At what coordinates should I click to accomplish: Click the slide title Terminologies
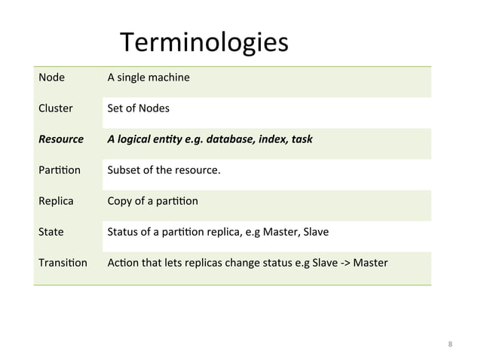(204, 44)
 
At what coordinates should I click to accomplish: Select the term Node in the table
(51, 78)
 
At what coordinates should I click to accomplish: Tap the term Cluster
(56, 108)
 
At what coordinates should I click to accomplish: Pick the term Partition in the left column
(59, 170)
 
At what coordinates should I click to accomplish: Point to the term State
(51, 232)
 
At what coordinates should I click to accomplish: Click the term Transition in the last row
(63, 263)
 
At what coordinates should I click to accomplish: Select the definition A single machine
(149, 78)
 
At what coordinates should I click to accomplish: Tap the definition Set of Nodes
(138, 108)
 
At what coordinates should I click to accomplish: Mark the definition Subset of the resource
(164, 170)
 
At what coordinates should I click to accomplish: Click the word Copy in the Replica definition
(120, 202)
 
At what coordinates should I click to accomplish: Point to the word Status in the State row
(123, 232)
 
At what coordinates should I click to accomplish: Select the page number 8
(450, 345)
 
